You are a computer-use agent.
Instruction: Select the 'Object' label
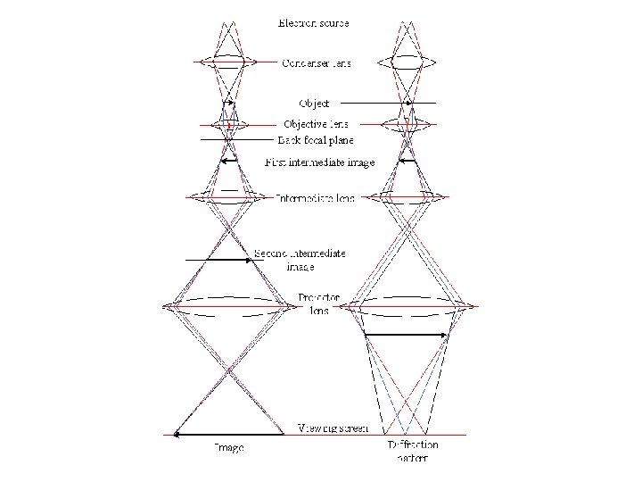(313, 104)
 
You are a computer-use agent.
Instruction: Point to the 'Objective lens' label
(316, 124)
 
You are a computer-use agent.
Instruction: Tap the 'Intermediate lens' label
(315, 197)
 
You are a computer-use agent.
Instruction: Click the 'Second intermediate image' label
(300, 260)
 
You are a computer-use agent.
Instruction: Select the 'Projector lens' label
(318, 303)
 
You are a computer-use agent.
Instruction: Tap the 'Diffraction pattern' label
(413, 451)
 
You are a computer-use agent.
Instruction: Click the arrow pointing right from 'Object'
(388, 104)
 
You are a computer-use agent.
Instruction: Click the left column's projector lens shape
(229, 306)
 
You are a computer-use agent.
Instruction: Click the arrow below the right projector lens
(406, 335)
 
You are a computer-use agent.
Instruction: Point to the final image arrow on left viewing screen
(227, 435)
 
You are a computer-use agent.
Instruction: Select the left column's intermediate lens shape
(229, 197)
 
